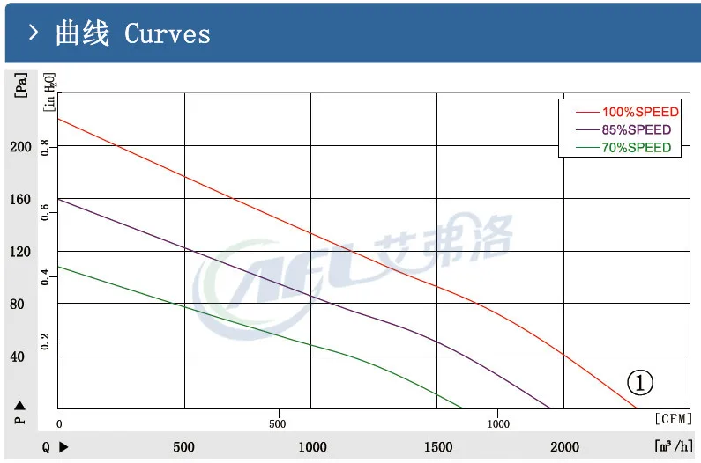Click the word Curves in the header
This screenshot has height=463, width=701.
click(x=168, y=34)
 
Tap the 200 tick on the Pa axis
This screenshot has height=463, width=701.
click(x=20, y=146)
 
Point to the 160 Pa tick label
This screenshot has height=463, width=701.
click(x=20, y=199)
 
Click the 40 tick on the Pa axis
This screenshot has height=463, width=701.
click(x=17, y=356)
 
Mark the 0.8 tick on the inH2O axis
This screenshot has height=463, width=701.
click(x=45, y=144)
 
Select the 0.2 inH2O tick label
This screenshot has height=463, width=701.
click(x=45, y=341)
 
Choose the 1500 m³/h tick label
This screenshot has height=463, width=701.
click(x=438, y=447)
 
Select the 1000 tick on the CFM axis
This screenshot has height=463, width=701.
click(x=498, y=423)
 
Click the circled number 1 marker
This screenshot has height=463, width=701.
click(x=640, y=382)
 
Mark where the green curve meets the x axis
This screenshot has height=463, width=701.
click(x=464, y=408)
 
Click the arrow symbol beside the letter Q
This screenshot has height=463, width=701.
click(x=63, y=447)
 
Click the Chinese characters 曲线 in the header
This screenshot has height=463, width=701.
click(x=82, y=34)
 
